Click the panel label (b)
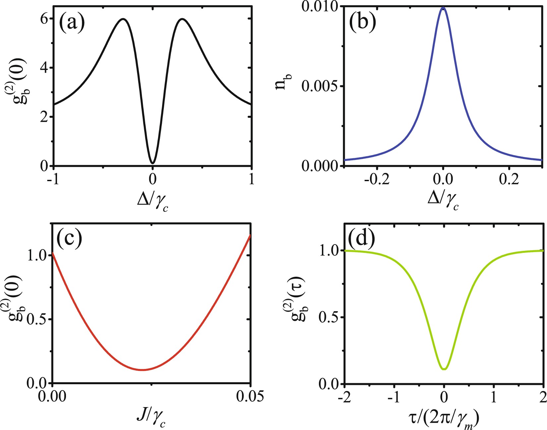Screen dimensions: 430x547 point(363,23)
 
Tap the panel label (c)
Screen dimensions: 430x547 point(69,239)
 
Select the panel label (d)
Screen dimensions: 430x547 point(361,239)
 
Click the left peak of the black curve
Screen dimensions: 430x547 point(123,19)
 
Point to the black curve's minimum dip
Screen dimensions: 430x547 point(152,163)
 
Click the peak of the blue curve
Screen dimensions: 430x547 point(443,8)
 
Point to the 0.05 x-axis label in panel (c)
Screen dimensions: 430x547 point(250,396)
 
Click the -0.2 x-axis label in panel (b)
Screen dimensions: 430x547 point(377,179)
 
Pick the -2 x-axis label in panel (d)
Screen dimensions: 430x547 point(345,397)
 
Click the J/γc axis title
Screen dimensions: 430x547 point(151,418)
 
